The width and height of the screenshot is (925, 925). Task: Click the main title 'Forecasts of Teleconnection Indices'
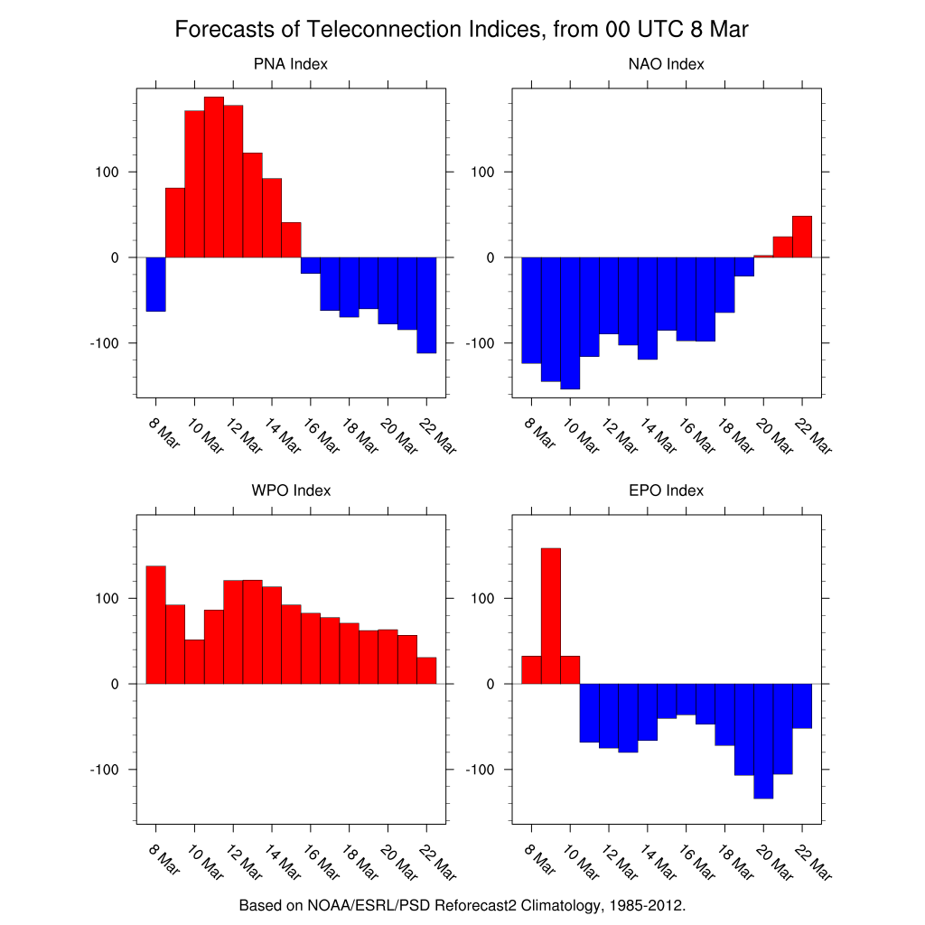(x=462, y=30)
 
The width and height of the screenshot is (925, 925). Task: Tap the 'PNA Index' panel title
(x=291, y=64)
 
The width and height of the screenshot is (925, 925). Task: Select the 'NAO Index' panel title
(x=666, y=64)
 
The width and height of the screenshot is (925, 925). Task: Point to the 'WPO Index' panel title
(x=291, y=491)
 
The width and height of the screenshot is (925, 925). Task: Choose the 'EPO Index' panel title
(x=666, y=491)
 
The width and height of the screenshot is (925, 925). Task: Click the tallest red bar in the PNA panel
(x=214, y=176)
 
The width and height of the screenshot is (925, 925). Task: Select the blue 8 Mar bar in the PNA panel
(x=155, y=284)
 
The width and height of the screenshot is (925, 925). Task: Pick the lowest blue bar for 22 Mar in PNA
(x=426, y=304)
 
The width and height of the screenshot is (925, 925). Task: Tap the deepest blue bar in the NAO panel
(x=570, y=322)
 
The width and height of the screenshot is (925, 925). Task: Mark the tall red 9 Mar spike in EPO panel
(x=550, y=615)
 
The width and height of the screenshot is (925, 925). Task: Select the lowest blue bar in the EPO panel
(x=763, y=741)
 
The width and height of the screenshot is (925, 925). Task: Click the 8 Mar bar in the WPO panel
(x=155, y=624)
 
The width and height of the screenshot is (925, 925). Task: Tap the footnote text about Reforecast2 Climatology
(x=462, y=904)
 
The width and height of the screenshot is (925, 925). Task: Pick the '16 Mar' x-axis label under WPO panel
(x=323, y=863)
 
